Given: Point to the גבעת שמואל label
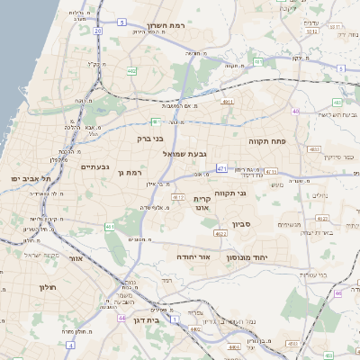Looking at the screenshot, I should pyautogui.click(x=185, y=155).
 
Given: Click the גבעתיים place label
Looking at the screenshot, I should pyautogui.click(x=94, y=166).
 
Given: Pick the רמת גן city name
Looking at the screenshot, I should pyautogui.click(x=130, y=172).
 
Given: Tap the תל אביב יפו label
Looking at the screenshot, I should pyautogui.click(x=27, y=179).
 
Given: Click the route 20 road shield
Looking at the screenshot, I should pyautogui.click(x=96, y=30).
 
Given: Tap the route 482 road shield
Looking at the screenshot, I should pyautogui.click(x=132, y=70).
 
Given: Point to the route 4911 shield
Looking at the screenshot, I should pyautogui.click(x=227, y=102).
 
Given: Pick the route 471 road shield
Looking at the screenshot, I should pyautogui.click(x=222, y=167).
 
